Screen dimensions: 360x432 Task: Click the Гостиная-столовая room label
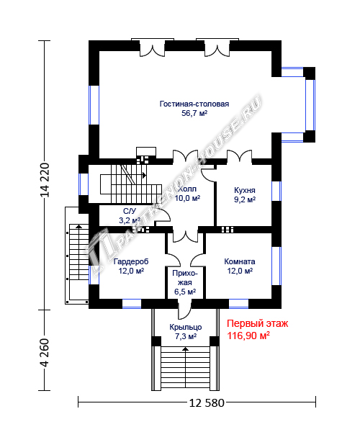pyautogui.click(x=194, y=104)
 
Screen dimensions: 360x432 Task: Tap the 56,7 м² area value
pyautogui.click(x=194, y=113)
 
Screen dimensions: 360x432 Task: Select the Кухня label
pyautogui.click(x=245, y=190)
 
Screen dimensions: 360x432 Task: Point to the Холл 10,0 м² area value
pyautogui.click(x=187, y=198)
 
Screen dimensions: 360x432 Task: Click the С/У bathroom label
pyautogui.click(x=130, y=211)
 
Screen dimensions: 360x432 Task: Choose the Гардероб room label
pyautogui.click(x=131, y=261)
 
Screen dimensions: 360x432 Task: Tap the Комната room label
pyautogui.click(x=240, y=261)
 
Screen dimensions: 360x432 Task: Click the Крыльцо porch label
pyautogui.click(x=186, y=327)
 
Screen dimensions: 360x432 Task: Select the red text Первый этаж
pyautogui.click(x=258, y=323)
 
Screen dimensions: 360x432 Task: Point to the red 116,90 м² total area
pyautogui.click(x=248, y=336)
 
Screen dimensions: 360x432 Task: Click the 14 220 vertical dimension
pyautogui.click(x=45, y=180)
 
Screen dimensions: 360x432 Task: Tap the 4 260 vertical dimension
pyautogui.click(x=45, y=353)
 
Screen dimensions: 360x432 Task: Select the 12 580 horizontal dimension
pyautogui.click(x=207, y=403)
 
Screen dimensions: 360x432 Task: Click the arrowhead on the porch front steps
pyautogui.click(x=186, y=349)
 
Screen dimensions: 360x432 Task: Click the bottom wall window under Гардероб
pyautogui.click(x=132, y=303)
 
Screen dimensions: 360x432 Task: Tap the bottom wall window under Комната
pyautogui.click(x=238, y=303)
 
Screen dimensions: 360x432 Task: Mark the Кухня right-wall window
pyautogui.click(x=276, y=191)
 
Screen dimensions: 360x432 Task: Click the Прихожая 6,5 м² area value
pyautogui.click(x=185, y=291)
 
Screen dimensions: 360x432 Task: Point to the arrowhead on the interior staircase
pyautogui.click(x=144, y=175)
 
